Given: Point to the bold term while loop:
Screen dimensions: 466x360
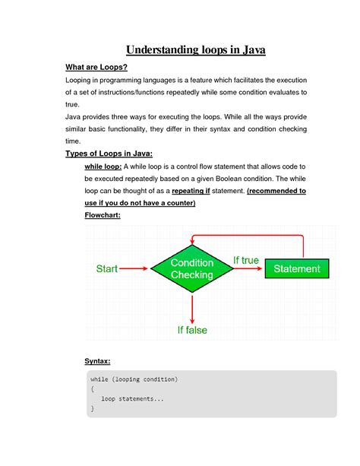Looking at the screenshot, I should tap(103, 166).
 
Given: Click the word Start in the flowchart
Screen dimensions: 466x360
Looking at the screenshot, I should tap(110, 268).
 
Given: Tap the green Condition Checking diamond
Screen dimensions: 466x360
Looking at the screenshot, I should tap(193, 268).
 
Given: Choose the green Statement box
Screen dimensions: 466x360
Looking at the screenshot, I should tap(297, 268).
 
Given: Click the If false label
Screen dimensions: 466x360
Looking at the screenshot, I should tap(194, 330).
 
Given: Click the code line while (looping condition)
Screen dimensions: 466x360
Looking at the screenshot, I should tap(134, 379).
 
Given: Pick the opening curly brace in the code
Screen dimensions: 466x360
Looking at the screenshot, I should tap(92, 388).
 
